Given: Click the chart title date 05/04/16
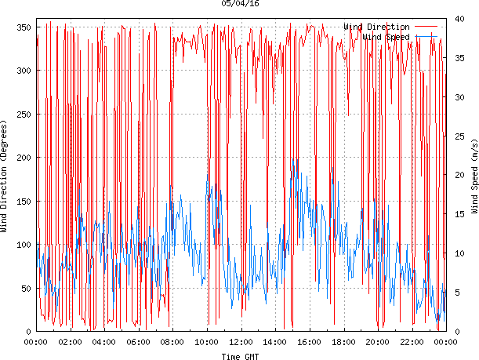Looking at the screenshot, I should (240, 4).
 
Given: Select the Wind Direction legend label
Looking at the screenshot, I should (376, 27).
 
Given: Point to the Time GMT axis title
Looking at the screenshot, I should (240, 356).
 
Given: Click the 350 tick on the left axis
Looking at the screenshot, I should (21, 27).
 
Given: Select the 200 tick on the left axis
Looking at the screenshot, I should (21, 158).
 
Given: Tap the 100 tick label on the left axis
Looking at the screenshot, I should (21, 245).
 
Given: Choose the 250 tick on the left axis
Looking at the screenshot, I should (21, 115).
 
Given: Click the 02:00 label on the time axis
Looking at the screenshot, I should (70, 342).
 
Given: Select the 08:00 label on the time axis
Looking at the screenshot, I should (172, 342).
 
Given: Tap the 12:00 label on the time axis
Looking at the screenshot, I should (241, 342).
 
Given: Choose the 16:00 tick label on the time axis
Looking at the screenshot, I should (309, 342).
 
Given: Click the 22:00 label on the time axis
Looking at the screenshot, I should (412, 342).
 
